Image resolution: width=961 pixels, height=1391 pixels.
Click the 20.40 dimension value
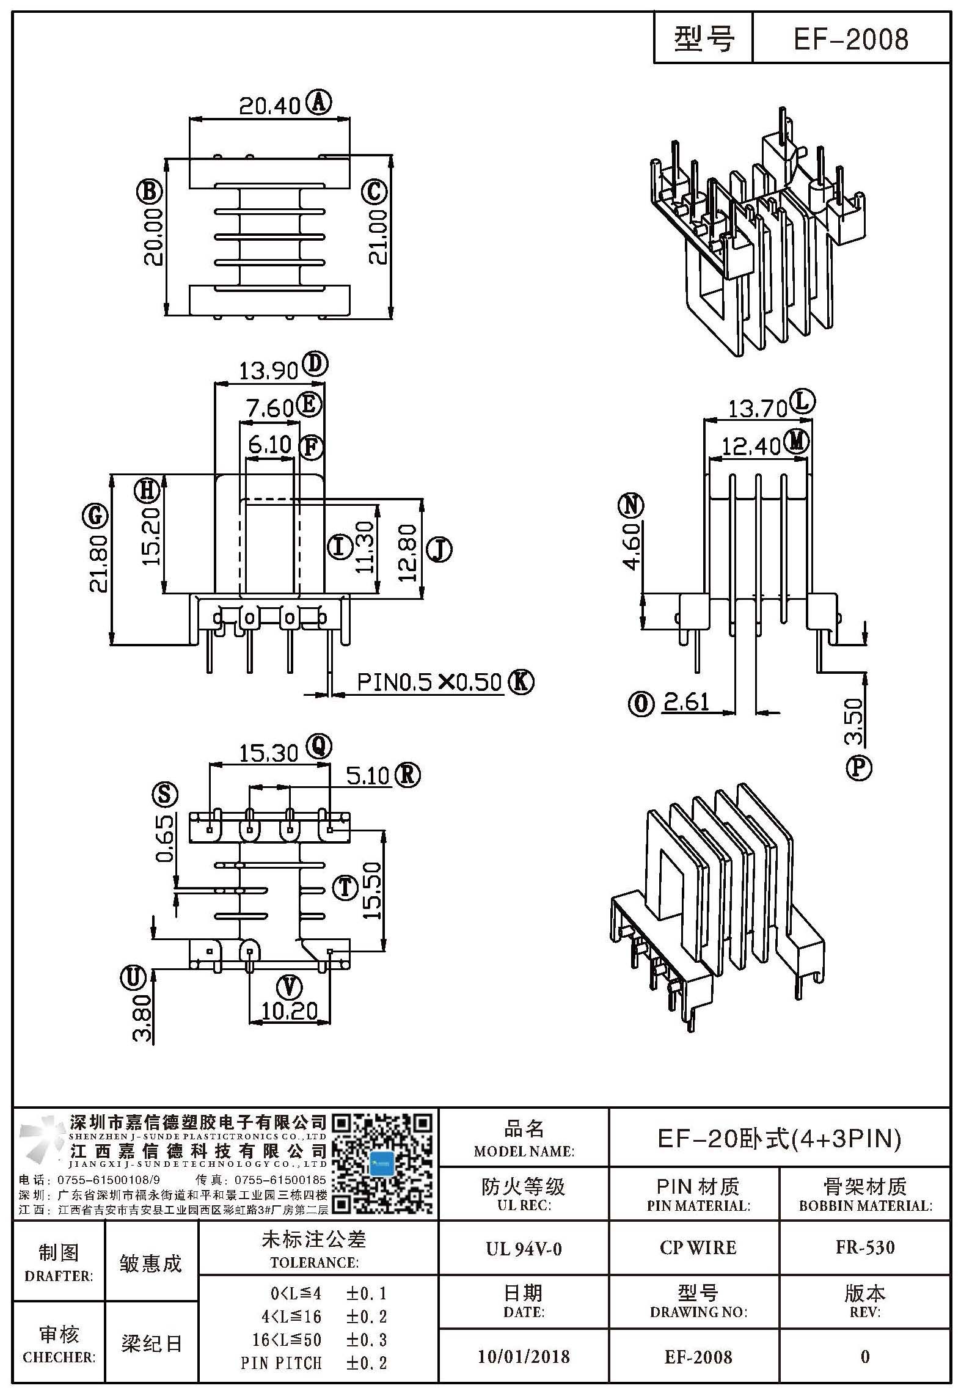click(269, 107)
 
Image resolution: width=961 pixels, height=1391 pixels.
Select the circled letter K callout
click(521, 681)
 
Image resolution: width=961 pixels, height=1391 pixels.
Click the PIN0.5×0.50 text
click(429, 682)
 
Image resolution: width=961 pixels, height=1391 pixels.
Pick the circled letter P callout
click(858, 767)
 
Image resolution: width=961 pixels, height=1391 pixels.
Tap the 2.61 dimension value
click(686, 703)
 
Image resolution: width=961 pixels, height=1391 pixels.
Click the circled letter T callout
click(345, 887)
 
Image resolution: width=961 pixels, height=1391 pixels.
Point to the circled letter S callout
click(165, 794)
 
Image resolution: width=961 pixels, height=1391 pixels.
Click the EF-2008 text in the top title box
click(850, 40)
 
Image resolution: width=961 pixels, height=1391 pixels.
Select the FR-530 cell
click(865, 1247)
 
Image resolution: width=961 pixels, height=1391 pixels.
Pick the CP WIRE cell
click(698, 1247)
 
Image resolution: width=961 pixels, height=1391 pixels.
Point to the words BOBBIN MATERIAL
click(865, 1206)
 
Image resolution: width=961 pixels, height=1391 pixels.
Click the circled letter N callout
click(631, 506)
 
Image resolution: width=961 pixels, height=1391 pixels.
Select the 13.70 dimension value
click(757, 409)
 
